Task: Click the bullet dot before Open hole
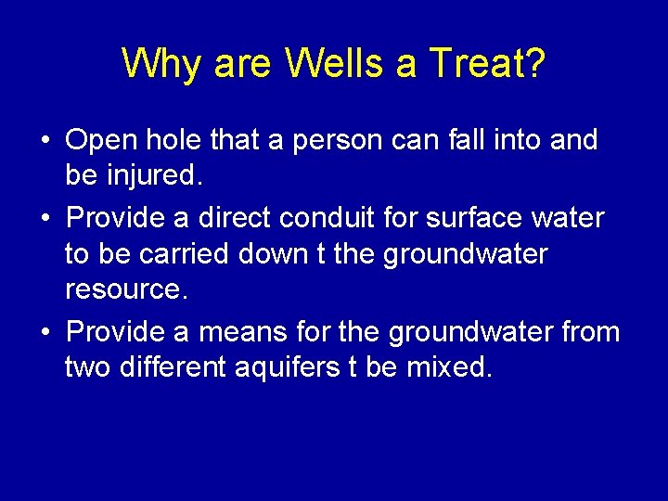(x=45, y=141)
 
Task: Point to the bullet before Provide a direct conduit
(x=45, y=219)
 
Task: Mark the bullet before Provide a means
(x=45, y=332)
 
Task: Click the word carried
(x=183, y=253)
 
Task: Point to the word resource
(x=126, y=290)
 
